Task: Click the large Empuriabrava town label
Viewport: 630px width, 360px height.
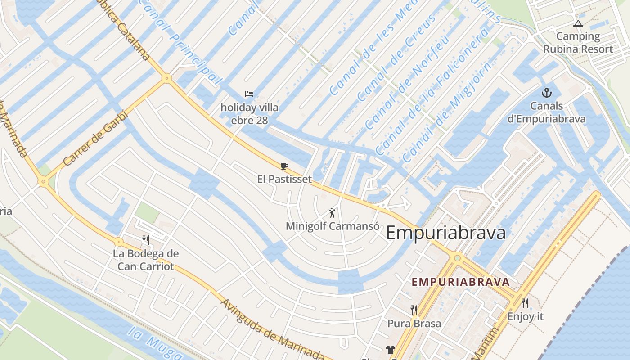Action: tap(445, 233)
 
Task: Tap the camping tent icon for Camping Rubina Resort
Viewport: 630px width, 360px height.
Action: tap(578, 23)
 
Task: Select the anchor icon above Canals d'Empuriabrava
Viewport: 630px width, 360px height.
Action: tap(547, 93)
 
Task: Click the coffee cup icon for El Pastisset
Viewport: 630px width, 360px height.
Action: tap(284, 166)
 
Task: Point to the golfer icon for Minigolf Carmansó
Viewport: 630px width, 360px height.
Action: tap(332, 213)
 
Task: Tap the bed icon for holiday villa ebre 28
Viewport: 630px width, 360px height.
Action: tap(249, 94)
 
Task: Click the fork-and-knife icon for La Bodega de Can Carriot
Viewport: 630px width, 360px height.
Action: tap(145, 240)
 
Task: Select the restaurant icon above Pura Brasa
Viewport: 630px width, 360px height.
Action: tap(414, 310)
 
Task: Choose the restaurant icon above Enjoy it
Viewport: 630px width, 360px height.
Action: tap(525, 303)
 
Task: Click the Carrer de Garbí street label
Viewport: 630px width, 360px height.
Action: tap(96, 139)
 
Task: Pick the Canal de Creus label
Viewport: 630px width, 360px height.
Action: tap(396, 58)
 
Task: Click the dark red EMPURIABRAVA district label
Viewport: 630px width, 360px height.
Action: tap(461, 282)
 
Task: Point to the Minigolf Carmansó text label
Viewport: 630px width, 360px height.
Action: tap(332, 226)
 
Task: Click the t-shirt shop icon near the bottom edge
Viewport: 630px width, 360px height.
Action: tap(390, 350)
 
